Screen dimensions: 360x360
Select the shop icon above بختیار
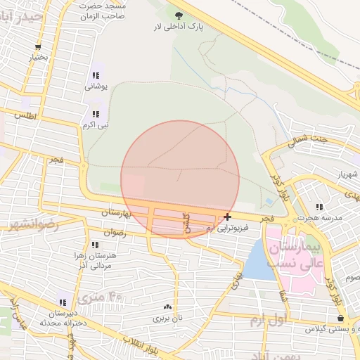37,47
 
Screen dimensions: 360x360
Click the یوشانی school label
95,87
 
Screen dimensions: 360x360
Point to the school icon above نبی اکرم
95,114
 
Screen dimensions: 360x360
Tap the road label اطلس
24,115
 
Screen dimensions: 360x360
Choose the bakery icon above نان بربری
167,307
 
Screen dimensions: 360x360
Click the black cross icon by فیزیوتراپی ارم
226,217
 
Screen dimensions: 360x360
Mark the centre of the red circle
180,179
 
